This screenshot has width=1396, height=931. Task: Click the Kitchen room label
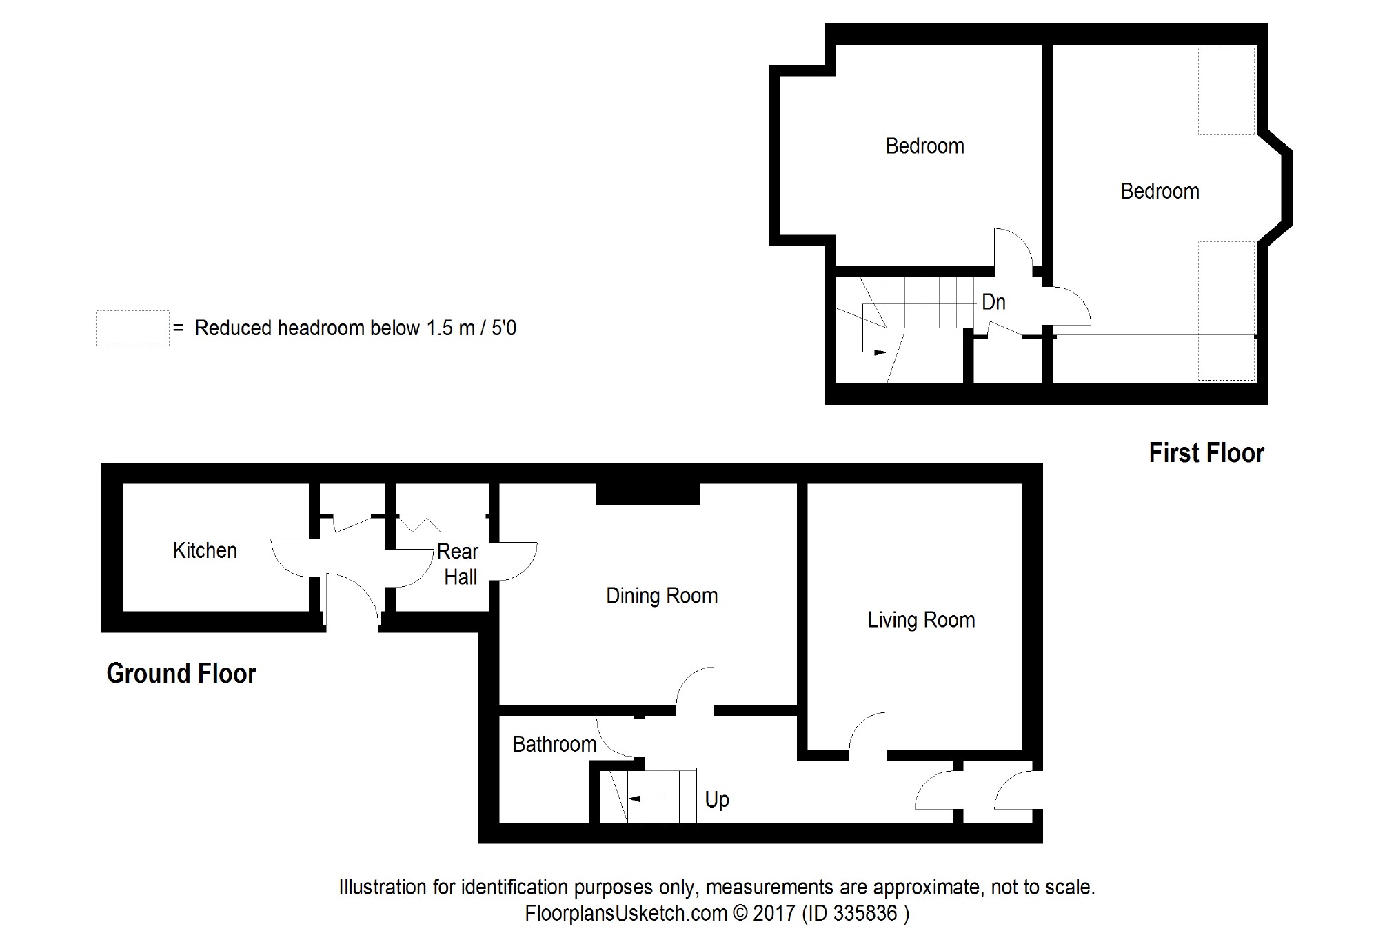coord(205,550)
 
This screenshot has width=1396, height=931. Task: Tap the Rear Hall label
coord(458,564)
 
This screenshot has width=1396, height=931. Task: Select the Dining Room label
coord(662,596)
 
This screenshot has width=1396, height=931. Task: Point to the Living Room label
coord(921,620)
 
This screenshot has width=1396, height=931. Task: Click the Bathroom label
coord(554,744)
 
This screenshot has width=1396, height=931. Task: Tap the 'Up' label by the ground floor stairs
coord(717,800)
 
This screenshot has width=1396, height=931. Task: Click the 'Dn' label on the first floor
coord(993,302)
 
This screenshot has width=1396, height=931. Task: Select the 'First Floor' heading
coord(1206,453)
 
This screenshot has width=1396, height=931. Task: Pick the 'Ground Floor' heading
coord(181,673)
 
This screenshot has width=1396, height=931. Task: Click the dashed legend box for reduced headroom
coord(132,328)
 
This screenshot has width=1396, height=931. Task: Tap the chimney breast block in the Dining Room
coord(648,494)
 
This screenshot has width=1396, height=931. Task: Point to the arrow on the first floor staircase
coord(879,352)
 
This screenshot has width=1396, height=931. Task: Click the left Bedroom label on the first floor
coord(924,146)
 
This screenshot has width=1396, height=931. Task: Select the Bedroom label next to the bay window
coord(1160,191)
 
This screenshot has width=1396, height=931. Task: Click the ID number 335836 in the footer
coord(865,913)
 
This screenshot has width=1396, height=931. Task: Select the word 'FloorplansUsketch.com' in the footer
coord(626,913)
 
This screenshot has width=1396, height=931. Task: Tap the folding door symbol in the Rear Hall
coord(419,524)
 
